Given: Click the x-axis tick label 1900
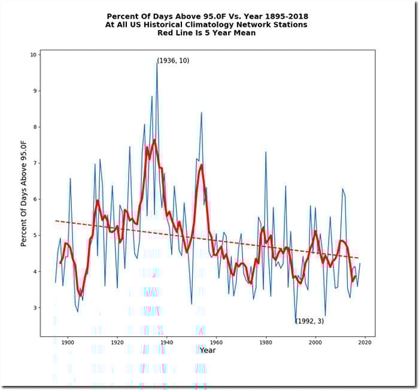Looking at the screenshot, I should point(68,342).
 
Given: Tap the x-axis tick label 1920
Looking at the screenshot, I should point(117,342).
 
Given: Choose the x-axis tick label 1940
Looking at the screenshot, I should point(167,342).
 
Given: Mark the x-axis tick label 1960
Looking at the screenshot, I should point(217,342).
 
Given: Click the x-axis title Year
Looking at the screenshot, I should point(208,350).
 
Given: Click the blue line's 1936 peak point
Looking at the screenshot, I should point(157,62).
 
